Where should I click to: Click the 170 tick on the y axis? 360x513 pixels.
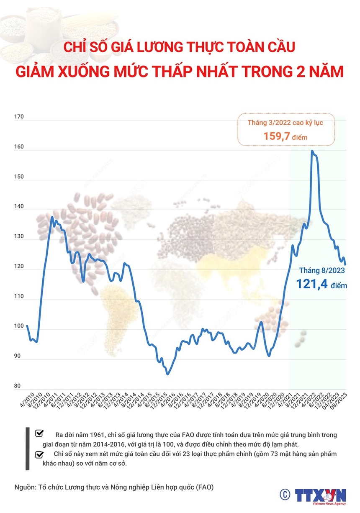pyautogui.click(x=19, y=118)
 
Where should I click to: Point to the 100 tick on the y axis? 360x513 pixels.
pyautogui.click(x=19, y=326)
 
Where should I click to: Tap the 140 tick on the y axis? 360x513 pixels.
pyautogui.click(x=19, y=208)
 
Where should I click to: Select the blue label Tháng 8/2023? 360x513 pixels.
pyautogui.click(x=322, y=270)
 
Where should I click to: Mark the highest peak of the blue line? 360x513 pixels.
pyautogui.click(x=312, y=151)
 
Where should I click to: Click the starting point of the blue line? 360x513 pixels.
pyautogui.click(x=27, y=325)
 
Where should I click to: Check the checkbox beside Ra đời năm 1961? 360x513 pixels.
pyautogui.click(x=40, y=433)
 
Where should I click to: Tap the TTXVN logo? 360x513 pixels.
pyautogui.click(x=321, y=495)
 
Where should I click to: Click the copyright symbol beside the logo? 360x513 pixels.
pyautogui.click(x=285, y=494)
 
